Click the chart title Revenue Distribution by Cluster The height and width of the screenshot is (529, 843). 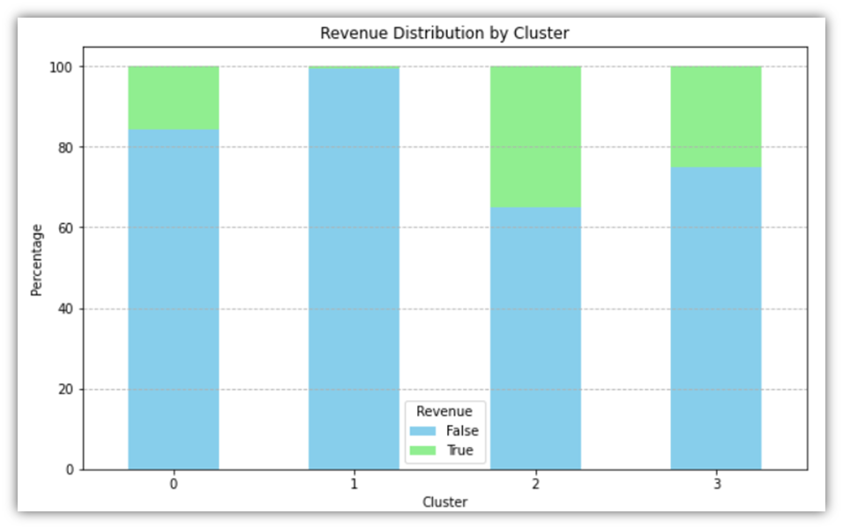tap(444, 34)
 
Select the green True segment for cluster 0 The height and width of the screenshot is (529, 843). tap(174, 98)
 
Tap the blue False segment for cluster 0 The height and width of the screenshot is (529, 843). tap(174, 300)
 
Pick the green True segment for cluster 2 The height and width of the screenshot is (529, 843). tap(535, 137)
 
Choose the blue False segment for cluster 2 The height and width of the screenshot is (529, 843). tap(535, 339)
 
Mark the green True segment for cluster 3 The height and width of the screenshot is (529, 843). tap(716, 116)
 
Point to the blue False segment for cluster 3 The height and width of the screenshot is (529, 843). tap(716, 318)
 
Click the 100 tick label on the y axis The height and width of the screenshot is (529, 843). tap(64, 67)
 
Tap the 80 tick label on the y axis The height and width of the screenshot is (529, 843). tap(67, 147)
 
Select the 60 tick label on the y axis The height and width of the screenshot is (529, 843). tap(67, 228)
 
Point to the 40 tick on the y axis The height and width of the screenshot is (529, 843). tap(67, 309)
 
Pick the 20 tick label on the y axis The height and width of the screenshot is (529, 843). tap(67, 390)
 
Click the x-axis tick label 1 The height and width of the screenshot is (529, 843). tap(354, 484)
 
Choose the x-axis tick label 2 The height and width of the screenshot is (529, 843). tap(535, 484)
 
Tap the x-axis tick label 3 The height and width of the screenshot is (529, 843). tap(716, 484)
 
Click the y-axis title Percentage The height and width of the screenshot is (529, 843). tap(37, 259)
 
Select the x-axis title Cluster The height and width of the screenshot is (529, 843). tap(444, 502)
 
